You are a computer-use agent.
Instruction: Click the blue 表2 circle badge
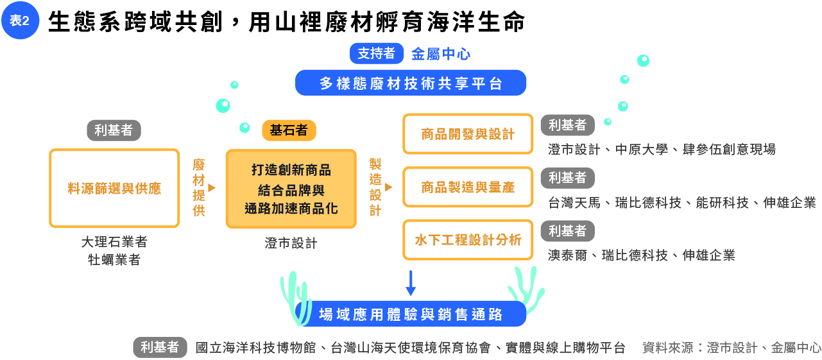(x=20, y=21)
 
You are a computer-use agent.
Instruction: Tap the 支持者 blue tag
(x=376, y=54)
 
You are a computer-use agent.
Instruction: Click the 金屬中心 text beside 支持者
(x=436, y=54)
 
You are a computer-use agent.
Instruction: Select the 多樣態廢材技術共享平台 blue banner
(x=411, y=83)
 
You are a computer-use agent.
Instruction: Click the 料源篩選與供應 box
(x=114, y=188)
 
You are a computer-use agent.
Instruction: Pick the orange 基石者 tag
(x=289, y=131)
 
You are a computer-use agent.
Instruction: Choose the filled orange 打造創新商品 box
(x=291, y=189)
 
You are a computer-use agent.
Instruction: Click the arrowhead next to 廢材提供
(x=212, y=188)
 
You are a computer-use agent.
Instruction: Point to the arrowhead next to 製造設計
(x=388, y=187)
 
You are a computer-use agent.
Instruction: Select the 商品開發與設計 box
(x=468, y=134)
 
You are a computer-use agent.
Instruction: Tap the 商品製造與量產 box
(x=468, y=187)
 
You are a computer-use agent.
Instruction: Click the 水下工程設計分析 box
(x=468, y=240)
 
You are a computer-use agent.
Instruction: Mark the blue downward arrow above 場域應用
(x=411, y=283)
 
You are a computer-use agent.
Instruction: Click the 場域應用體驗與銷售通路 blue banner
(x=411, y=314)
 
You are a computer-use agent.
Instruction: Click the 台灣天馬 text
(x=574, y=203)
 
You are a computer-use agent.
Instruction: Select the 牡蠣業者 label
(x=114, y=260)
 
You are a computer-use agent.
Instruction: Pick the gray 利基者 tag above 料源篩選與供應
(x=114, y=130)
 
